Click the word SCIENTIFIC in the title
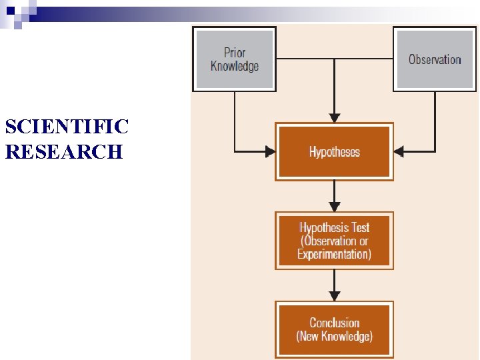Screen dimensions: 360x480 click(x=67, y=126)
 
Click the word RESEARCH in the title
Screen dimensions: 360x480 click(x=64, y=151)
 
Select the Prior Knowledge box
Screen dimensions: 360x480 click(x=234, y=59)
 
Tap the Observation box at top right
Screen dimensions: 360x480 click(x=435, y=59)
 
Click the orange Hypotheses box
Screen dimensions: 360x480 click(x=334, y=151)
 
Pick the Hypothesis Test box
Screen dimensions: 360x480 click(x=334, y=241)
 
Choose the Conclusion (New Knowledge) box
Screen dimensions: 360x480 click(x=334, y=329)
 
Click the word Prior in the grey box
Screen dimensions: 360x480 click(x=235, y=52)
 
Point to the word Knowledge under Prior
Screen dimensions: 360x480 click(x=235, y=65)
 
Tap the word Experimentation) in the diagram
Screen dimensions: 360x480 click(x=334, y=254)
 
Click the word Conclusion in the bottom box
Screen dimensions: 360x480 click(x=334, y=323)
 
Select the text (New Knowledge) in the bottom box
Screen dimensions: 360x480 click(x=334, y=336)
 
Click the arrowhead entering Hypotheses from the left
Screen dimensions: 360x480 click(x=270, y=151)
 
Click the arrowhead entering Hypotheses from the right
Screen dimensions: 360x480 click(x=399, y=151)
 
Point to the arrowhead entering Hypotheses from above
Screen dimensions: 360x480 click(x=335, y=117)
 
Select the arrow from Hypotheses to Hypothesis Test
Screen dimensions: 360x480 click(x=335, y=196)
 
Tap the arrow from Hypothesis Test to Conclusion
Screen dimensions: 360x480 click(x=335, y=285)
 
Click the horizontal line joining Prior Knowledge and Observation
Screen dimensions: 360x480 click(x=334, y=59)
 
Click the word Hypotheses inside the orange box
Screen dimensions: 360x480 click(x=334, y=152)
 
